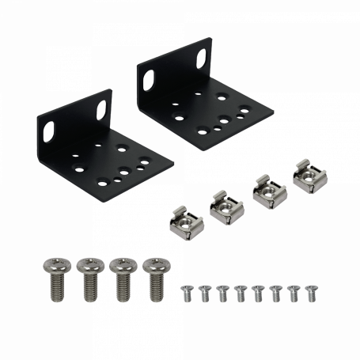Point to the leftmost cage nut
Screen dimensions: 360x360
[x=186, y=219]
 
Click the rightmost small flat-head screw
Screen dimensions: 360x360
[x=309, y=293]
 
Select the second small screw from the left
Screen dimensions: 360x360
[x=204, y=293]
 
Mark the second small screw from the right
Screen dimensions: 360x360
[x=292, y=293]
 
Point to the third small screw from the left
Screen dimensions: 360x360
[x=222, y=293]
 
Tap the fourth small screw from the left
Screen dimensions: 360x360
[x=239, y=293]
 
